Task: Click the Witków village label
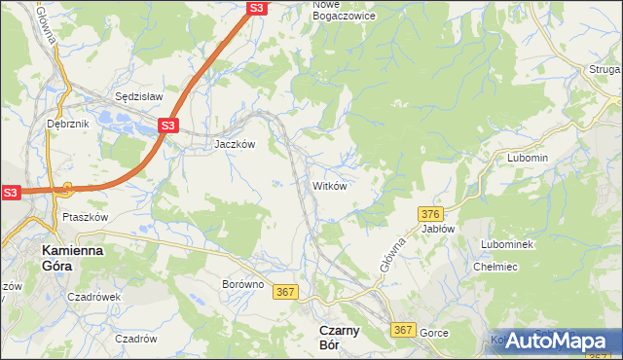pos(329,185)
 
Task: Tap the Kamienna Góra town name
pos(73,258)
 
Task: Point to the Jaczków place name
pos(235,144)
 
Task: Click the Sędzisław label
pos(139,97)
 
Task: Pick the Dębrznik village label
pos(67,124)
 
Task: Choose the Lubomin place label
pos(528,158)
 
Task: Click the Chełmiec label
pos(494,266)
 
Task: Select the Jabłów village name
pos(438,229)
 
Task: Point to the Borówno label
pos(242,285)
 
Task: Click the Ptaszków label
pos(84,217)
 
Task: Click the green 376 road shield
pos(432,213)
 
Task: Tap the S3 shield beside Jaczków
pos(168,126)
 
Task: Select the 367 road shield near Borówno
pos(285,292)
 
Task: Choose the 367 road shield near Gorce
pos(404,331)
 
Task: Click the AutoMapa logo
pos(558,341)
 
